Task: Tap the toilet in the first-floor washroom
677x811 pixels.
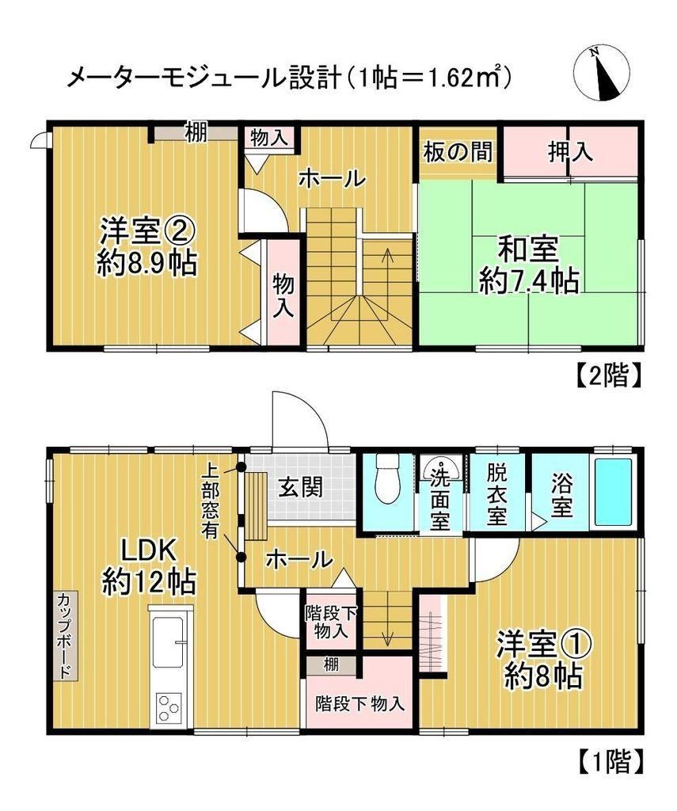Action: tap(387, 479)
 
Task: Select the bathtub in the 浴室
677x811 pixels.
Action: tap(614, 491)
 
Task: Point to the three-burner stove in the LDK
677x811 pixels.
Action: tap(168, 707)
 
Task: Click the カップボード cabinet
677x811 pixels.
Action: tap(65, 636)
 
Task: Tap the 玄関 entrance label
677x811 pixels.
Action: tap(300, 487)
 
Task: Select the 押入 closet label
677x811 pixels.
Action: tap(569, 151)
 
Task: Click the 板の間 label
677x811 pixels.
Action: tap(458, 152)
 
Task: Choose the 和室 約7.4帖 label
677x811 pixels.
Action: tap(529, 267)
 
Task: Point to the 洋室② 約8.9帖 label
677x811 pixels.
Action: tap(147, 247)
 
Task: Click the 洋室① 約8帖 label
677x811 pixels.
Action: tap(545, 659)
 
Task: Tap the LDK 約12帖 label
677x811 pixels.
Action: tap(148, 565)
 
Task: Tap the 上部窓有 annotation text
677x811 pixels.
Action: tap(210, 501)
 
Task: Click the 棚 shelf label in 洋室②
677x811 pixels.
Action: tap(196, 133)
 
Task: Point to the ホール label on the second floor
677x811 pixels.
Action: tap(332, 179)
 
